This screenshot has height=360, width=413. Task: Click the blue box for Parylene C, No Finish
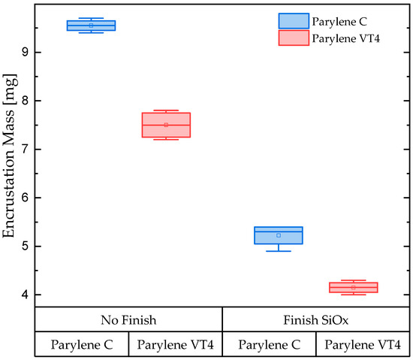(x=91, y=26)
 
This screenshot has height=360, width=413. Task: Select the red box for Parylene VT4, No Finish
(x=166, y=125)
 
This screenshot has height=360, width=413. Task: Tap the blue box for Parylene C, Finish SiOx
(x=279, y=235)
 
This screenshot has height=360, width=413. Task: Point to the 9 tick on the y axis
(x=26, y=52)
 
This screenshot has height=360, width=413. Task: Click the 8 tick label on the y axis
(x=26, y=101)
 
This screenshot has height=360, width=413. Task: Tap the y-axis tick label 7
(x=26, y=149)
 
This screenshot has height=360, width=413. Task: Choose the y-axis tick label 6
(x=26, y=198)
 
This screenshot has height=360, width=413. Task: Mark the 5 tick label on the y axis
(x=26, y=246)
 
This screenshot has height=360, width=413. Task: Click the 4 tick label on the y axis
(x=26, y=295)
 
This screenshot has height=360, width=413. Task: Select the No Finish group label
(x=128, y=319)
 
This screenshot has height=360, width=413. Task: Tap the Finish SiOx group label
(x=316, y=319)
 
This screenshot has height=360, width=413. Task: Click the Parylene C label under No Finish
(x=82, y=344)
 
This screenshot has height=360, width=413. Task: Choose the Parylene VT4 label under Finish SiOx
(x=362, y=344)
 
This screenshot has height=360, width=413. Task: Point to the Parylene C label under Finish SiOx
(x=269, y=344)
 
